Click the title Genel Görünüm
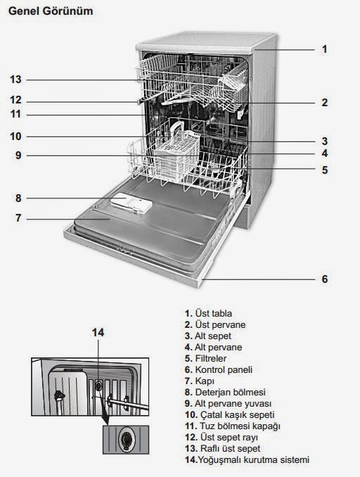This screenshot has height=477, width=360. pos(51,11)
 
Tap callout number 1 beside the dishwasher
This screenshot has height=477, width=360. pos(325,49)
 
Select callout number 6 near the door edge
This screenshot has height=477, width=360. pos(325,279)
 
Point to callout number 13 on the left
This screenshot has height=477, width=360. pos(15,79)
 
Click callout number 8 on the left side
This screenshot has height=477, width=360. pos(18,198)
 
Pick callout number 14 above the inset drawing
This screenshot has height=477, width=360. pos(98,333)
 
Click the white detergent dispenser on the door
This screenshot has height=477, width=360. pos(131,203)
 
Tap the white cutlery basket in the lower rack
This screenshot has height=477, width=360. pos(176,155)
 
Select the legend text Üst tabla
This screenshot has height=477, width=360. pos(214,313)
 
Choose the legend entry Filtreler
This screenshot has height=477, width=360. pos(211,358)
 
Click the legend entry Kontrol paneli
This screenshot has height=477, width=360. pos(224,369)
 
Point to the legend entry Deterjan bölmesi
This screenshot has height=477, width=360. pos(230,392)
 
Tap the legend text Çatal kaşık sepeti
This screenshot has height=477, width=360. pos(237,414)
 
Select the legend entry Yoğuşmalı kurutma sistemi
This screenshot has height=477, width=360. pos(254,459)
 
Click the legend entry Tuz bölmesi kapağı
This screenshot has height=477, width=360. pos(240,426)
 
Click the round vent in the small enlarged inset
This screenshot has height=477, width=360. pos(125,439)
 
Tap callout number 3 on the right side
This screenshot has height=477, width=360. pos(325,141)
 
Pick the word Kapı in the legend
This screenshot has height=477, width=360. pos(205,381)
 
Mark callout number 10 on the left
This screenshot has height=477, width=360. pos(15,136)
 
